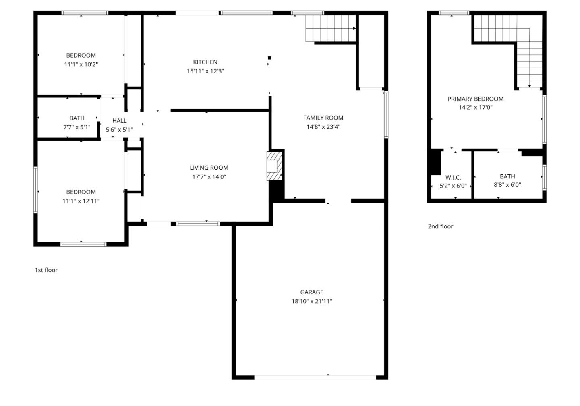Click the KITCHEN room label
[x=205, y=62]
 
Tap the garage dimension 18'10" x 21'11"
[x=312, y=301]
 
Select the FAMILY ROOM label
[x=323, y=118]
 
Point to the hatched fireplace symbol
[x=274, y=166]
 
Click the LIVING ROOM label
[x=209, y=168]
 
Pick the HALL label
[x=119, y=120]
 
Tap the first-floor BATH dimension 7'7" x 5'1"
[x=77, y=127]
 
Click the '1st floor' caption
[x=46, y=270]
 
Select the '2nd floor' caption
[x=440, y=226]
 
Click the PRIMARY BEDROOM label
[x=475, y=99]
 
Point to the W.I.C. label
[x=453, y=177]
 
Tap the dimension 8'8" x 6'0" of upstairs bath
[x=507, y=185]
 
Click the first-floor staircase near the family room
[x=330, y=29]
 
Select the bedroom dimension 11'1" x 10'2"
[x=81, y=64]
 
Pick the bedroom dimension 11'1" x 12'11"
[x=81, y=201]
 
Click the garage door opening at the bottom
[x=315, y=377]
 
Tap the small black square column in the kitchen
[x=269, y=58]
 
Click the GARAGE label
[x=311, y=292]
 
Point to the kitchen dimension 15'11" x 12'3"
[x=205, y=71]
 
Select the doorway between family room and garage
[x=338, y=201]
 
